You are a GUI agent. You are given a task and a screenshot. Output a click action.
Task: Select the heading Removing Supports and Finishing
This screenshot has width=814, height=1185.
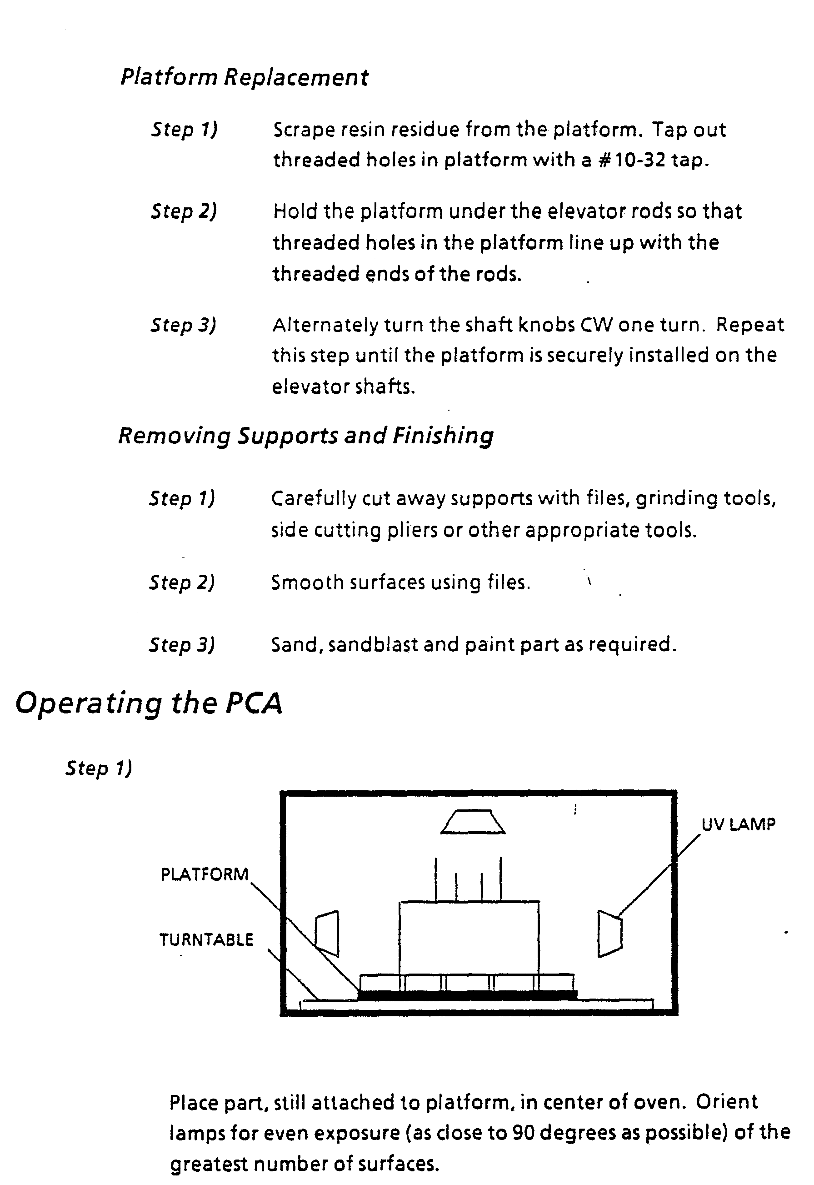[306, 436]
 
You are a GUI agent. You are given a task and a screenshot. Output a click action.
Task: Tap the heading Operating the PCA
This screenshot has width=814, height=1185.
[149, 704]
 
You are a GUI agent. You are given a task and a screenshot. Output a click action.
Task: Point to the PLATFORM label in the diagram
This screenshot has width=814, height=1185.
[205, 874]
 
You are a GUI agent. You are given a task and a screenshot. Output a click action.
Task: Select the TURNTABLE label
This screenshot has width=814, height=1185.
[206, 939]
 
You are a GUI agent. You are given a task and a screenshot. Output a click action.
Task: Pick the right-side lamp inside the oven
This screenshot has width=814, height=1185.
[609, 934]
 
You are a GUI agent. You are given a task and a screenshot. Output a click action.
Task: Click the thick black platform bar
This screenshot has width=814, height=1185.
[467, 994]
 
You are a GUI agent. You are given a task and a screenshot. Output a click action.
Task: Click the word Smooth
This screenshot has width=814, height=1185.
[308, 582]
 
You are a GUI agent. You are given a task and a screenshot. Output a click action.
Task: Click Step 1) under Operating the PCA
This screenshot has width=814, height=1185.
[99, 768]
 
